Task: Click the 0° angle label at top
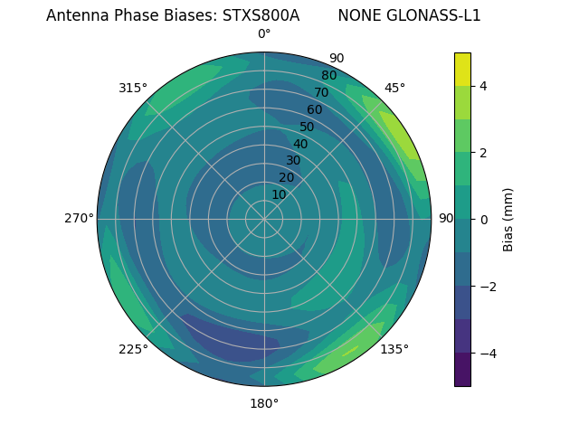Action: coord(264,34)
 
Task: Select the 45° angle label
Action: coord(394,88)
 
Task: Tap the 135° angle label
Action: coord(394,349)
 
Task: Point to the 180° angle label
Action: coord(264,403)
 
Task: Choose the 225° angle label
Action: coord(133,349)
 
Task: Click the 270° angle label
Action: coord(80,219)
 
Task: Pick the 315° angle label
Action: coord(133,88)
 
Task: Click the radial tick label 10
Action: coord(279,194)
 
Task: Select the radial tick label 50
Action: coord(308,127)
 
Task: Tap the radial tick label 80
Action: coord(329,76)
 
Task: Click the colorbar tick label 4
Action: coord(484,86)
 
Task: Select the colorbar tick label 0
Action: coord(484,219)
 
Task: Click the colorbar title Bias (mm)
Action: coord(508,219)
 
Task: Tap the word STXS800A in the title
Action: coord(261,15)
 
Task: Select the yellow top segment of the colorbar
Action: coord(462,69)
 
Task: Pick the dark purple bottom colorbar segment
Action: coord(462,370)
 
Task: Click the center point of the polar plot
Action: coord(264,219)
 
